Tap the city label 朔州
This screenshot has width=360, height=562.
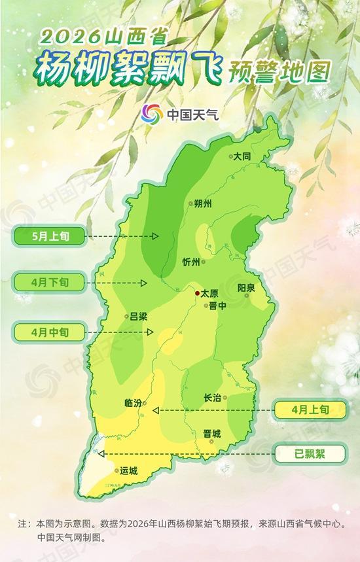click(204, 203)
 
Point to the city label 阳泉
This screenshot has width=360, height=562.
click(246, 288)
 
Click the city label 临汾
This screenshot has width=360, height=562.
click(133, 404)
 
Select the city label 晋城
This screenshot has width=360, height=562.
click(212, 433)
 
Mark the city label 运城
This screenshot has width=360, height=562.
click(129, 470)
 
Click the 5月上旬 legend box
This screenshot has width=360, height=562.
click(48, 236)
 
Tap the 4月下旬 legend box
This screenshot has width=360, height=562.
click(48, 283)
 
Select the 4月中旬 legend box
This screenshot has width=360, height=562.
click(48, 332)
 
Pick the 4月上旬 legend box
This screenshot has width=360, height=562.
click(308, 410)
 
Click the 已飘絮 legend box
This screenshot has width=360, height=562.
click(308, 453)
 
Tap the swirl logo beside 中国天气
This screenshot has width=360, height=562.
click(152, 114)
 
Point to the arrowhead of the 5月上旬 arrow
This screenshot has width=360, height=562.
click(156, 236)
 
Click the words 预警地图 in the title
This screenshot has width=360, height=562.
click(278, 69)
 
